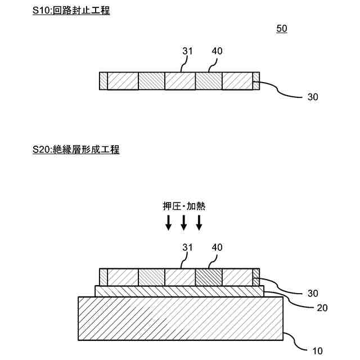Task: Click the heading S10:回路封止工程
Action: [71, 10]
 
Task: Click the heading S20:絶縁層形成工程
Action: [76, 150]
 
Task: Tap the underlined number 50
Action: [282, 28]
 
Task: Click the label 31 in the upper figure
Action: [187, 51]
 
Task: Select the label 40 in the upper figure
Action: [217, 51]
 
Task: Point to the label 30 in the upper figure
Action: [313, 97]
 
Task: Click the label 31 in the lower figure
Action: [187, 248]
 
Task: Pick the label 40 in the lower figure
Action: [217, 248]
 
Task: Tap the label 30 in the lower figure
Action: [313, 293]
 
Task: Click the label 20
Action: [322, 308]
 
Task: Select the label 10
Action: [317, 351]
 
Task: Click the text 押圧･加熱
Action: [183, 206]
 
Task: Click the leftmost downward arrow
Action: [168, 223]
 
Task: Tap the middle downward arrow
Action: [183, 223]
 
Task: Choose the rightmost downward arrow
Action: [199, 223]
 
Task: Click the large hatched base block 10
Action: [180, 318]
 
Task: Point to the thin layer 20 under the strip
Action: [179, 291]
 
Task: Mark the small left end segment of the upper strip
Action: [103, 81]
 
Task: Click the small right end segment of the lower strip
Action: [256, 277]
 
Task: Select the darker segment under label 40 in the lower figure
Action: [209, 277]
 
